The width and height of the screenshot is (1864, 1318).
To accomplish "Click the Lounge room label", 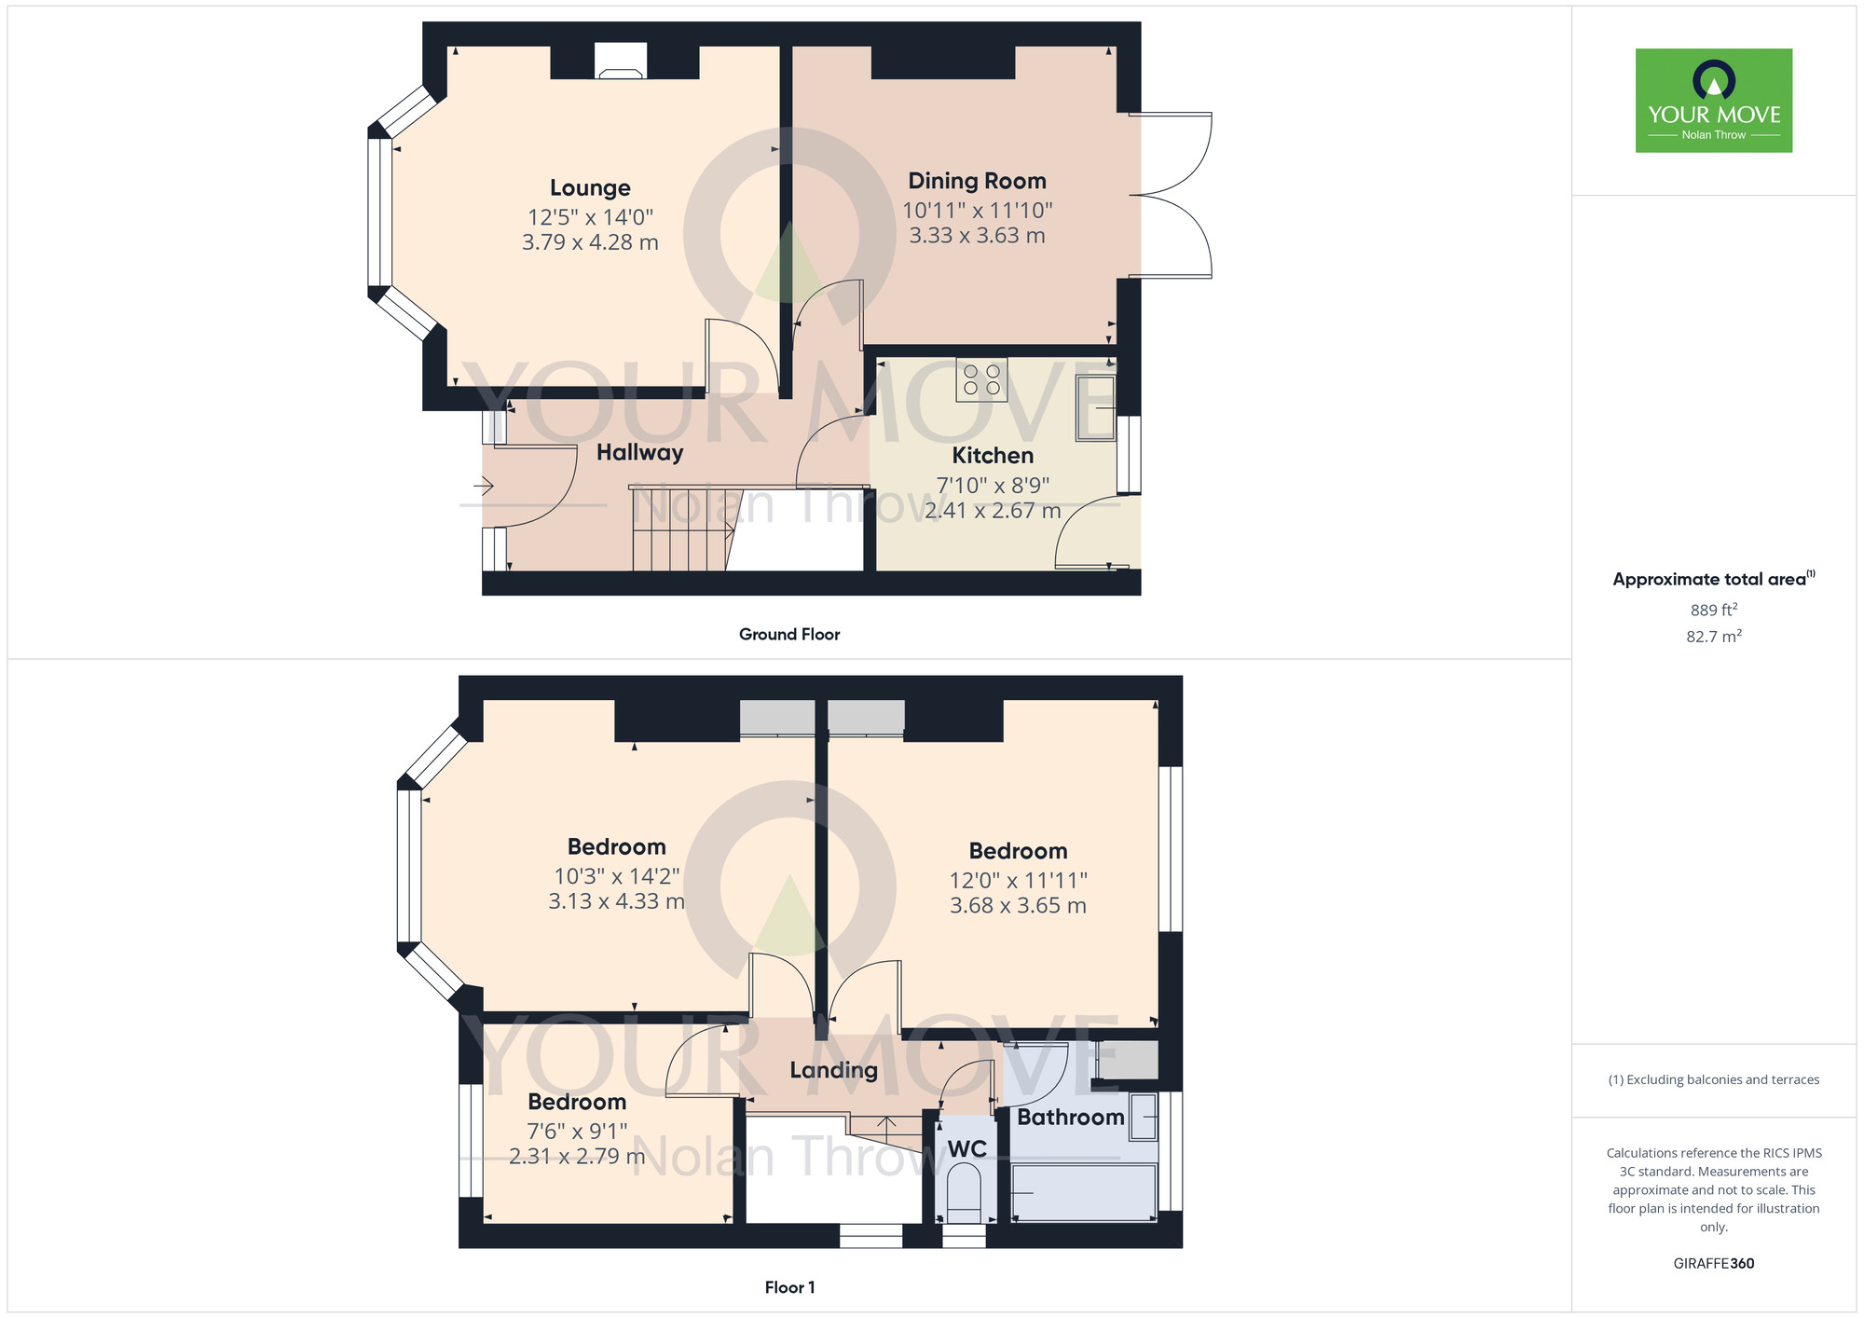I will click(x=590, y=188).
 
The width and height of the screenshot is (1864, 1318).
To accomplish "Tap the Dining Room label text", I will click(x=977, y=181).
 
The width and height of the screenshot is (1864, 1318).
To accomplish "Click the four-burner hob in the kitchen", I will click(x=981, y=379).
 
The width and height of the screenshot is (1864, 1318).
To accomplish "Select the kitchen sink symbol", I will click(x=1096, y=407).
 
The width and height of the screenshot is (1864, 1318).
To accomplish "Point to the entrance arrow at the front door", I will click(x=484, y=486).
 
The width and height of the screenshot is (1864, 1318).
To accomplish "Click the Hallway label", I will click(x=639, y=453).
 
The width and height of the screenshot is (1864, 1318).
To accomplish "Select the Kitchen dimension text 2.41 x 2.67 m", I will click(x=993, y=511).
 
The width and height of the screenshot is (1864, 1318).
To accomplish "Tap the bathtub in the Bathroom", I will click(x=1084, y=1192).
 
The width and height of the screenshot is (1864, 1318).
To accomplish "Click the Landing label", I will click(x=833, y=1070).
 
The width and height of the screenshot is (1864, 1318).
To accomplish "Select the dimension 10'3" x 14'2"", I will click(x=616, y=876).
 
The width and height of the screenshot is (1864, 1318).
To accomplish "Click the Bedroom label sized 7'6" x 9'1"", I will click(x=577, y=1102).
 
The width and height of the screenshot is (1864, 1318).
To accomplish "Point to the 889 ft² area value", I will click(x=1713, y=610).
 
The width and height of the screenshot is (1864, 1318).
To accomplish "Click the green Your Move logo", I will click(x=1713, y=101).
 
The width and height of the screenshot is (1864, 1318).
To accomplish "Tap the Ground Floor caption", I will click(x=788, y=634).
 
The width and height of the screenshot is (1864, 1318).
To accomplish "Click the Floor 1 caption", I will click(x=789, y=1287).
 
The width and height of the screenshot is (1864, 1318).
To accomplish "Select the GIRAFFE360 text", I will click(x=1713, y=1264).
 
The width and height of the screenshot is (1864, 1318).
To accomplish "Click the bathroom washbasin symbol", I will click(x=1143, y=1117).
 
